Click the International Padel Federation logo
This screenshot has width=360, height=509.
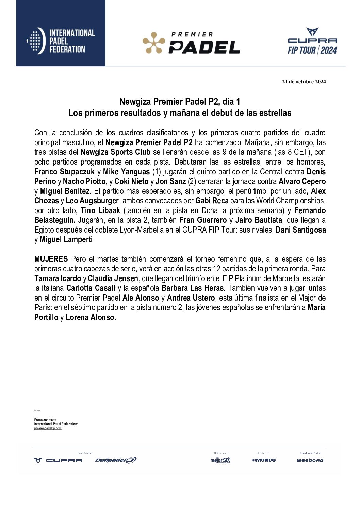(x=61, y=41)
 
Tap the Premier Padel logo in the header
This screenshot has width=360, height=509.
(x=191, y=43)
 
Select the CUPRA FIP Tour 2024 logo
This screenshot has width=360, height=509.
(x=312, y=41)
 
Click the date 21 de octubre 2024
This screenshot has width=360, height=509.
(x=304, y=82)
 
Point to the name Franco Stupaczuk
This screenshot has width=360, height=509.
(x=64, y=172)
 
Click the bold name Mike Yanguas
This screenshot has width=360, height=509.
(x=126, y=172)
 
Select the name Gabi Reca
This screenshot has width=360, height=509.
(x=212, y=201)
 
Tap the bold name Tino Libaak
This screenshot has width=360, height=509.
(x=100, y=210)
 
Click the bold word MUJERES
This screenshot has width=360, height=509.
(x=51, y=259)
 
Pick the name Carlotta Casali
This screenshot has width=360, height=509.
(x=91, y=288)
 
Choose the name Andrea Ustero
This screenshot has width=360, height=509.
(x=191, y=298)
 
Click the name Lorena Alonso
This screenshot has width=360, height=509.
(x=90, y=317)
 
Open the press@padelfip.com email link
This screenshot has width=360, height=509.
(x=48, y=428)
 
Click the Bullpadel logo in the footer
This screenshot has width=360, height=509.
(x=116, y=460)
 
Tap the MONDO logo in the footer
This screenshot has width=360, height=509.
(x=264, y=460)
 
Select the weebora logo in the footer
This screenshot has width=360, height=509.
(x=310, y=460)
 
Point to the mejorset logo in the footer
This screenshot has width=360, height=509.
(x=220, y=460)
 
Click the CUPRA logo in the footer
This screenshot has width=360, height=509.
(x=58, y=460)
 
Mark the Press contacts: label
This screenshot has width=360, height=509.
(x=45, y=420)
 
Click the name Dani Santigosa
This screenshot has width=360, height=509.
(x=300, y=230)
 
